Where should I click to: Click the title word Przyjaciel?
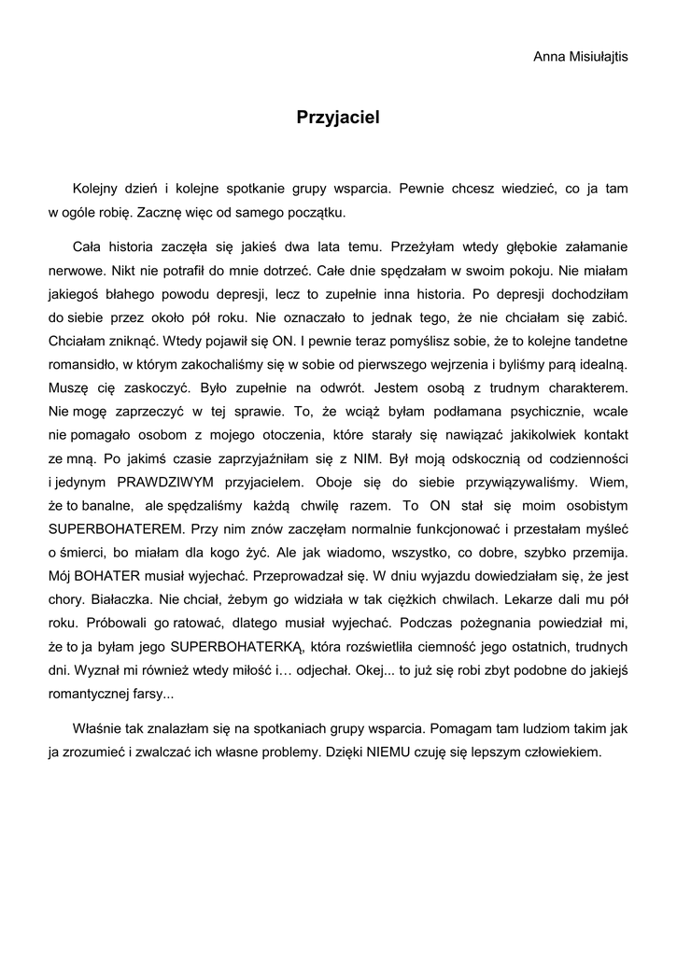click(338, 118)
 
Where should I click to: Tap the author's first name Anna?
click(549, 57)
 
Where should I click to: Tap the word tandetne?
click(595, 341)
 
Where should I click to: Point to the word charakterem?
click(578, 387)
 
